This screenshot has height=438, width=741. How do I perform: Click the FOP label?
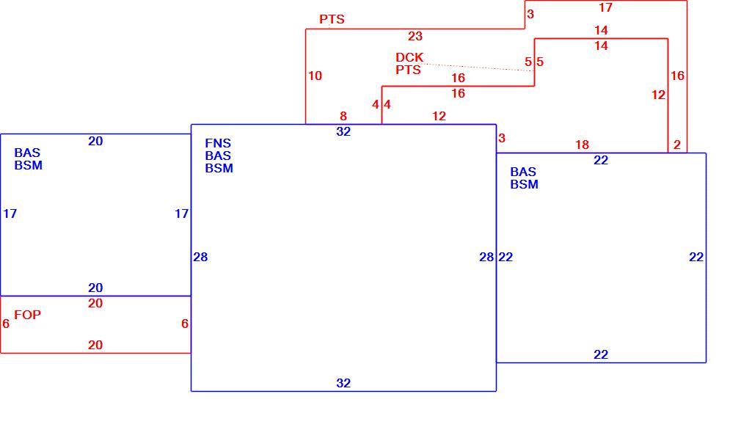27,315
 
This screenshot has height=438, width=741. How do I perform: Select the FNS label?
218,143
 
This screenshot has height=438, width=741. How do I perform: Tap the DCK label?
409,58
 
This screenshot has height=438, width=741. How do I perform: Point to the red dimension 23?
415,37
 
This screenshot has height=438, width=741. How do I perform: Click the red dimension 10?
315,76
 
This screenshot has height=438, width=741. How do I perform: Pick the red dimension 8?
343,116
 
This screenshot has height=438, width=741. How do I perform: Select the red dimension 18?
583,145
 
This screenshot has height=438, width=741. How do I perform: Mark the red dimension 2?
676,145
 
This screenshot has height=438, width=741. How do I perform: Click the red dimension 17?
605,7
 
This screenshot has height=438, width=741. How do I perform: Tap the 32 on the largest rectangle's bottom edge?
343,383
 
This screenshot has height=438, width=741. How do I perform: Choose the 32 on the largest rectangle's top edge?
343,132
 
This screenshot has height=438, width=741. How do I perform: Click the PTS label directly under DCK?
409,70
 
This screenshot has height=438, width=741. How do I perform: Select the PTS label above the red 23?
332,19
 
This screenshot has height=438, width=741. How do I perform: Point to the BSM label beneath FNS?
219,168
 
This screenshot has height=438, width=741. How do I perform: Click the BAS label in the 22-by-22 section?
523,172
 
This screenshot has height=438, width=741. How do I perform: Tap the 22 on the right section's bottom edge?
601,355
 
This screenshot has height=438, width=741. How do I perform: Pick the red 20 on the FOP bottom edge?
95,346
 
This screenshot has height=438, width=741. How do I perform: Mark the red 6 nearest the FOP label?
6,324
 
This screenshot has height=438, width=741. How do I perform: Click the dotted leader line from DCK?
478,67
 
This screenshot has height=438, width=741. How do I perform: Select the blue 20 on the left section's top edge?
95,142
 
